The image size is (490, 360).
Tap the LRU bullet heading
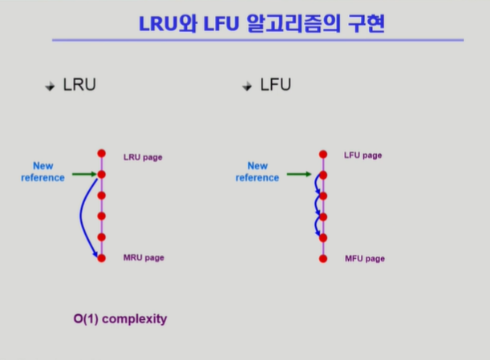coord(79,84)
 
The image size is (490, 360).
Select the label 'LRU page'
coord(143,157)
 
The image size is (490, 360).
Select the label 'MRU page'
coord(144,258)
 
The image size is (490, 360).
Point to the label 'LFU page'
coord(362,155)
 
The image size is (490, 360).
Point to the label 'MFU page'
coord(365,259)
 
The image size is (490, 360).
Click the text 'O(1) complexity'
coord(120,318)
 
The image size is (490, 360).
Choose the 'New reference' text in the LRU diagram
coord(43,172)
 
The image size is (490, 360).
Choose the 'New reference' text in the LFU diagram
coord(257,172)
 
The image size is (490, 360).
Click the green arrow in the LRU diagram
coord(83,173)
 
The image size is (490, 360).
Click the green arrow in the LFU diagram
coord(300,173)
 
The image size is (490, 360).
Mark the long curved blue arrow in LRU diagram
coord(83,218)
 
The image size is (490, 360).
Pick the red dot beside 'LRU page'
coord(101,152)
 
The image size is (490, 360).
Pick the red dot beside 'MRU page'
coord(101,257)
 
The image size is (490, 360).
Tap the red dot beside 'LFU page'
coord(322,153)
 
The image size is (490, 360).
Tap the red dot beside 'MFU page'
coord(322,258)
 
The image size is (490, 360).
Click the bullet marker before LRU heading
coord(50,86)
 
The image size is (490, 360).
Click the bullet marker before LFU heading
coord(248,86)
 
